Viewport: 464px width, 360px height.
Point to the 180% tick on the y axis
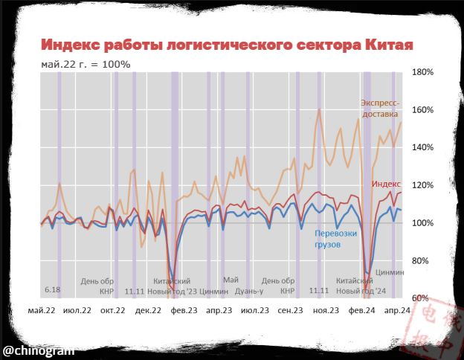[423, 72]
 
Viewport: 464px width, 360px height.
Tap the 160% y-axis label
[423, 110]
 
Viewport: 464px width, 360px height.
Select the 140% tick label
[423, 148]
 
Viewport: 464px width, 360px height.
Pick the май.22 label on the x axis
[42, 309]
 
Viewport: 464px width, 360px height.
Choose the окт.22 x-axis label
[112, 309]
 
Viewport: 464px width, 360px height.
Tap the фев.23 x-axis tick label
[183, 309]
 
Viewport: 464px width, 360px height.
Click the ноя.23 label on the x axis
[326, 309]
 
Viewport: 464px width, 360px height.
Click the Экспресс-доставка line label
[380, 109]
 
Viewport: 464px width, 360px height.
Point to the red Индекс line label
[387, 184]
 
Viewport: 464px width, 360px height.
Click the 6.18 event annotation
[52, 289]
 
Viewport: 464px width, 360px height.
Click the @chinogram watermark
[38, 350]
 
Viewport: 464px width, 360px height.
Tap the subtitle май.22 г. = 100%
[86, 64]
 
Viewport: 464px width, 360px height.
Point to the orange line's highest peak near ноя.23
[319, 109]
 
